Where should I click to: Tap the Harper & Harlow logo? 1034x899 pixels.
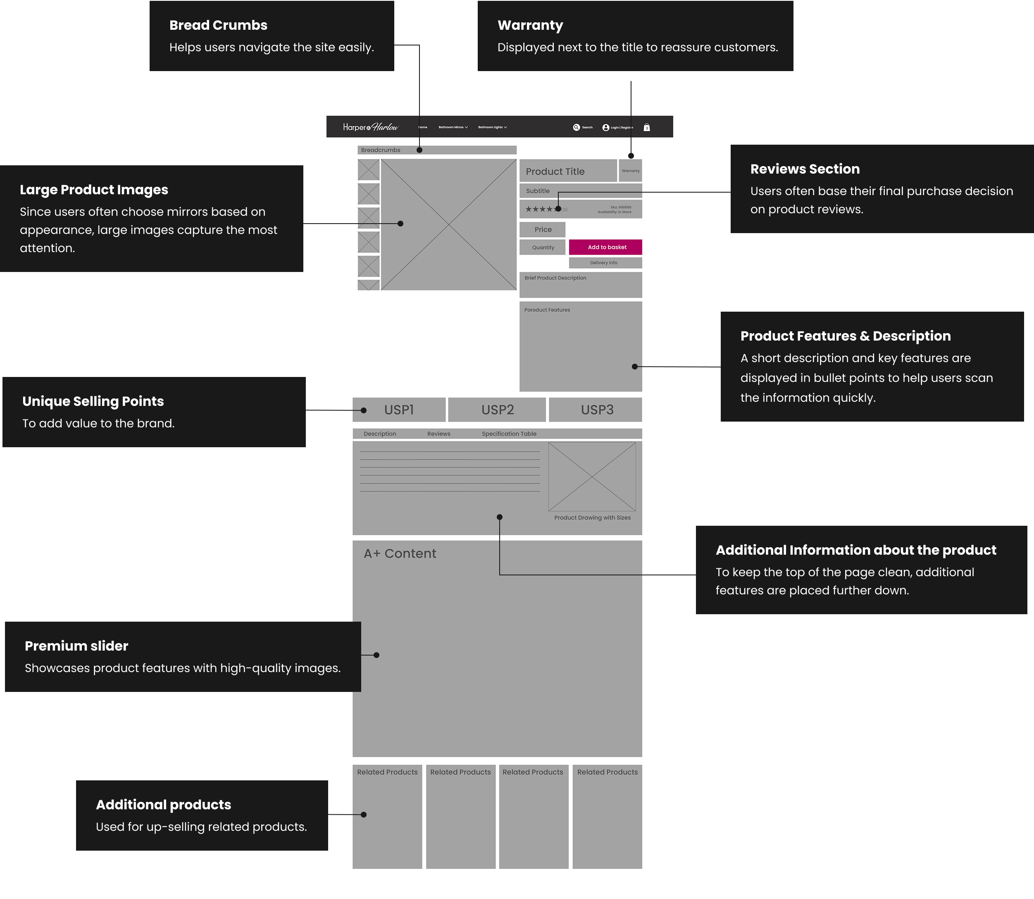coord(370,127)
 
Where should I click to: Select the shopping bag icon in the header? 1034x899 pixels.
coord(647,127)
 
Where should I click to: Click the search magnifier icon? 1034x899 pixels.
coord(577,127)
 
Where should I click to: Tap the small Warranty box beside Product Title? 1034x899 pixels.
coord(630,171)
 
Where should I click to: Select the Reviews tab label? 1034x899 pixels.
coord(438,434)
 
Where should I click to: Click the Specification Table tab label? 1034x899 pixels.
coord(509,434)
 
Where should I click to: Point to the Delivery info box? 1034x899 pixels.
coord(605,263)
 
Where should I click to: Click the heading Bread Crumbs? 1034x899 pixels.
coord(218,25)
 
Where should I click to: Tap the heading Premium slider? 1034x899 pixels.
coord(76,646)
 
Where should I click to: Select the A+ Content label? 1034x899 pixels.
coord(400,553)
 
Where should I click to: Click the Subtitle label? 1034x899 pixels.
coord(537,191)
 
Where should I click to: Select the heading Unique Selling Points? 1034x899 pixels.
coord(93,401)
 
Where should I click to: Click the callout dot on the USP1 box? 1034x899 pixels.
coord(364,410)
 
